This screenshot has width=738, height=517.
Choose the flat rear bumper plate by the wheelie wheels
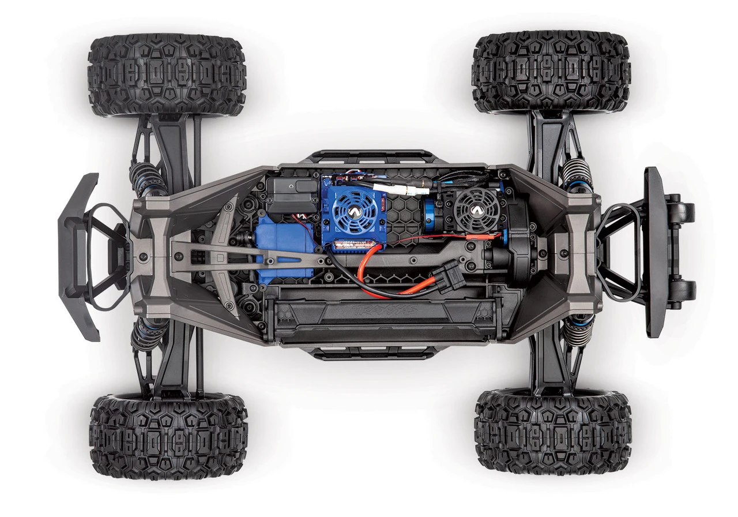(x=653, y=252)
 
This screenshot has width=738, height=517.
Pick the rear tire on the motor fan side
(x=551, y=71)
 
